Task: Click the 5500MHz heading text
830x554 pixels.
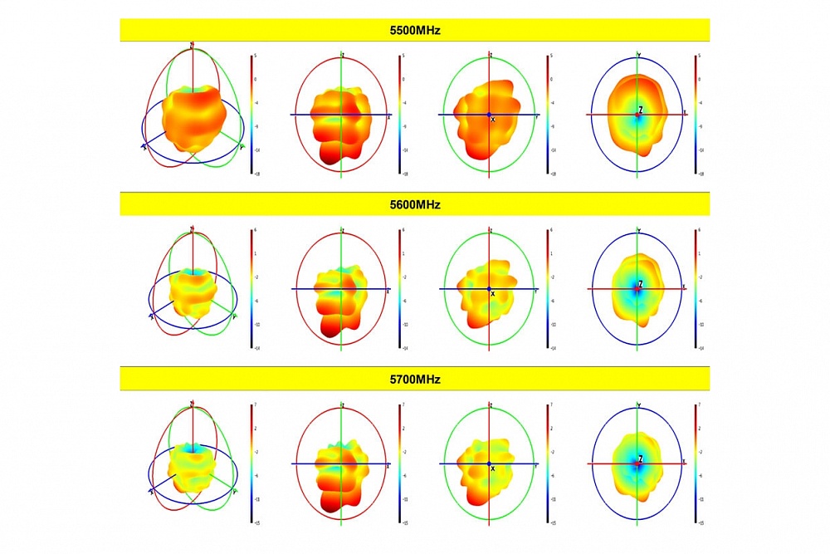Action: tap(415, 31)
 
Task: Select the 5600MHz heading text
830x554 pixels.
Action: tap(415, 204)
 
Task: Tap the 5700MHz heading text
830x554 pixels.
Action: tap(415, 379)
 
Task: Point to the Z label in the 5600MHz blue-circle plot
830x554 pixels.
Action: tap(641, 284)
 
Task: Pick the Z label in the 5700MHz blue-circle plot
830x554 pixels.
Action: tap(641, 458)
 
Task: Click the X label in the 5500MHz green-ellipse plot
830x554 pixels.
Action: tap(493, 120)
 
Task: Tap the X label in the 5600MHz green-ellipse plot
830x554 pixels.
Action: tap(493, 293)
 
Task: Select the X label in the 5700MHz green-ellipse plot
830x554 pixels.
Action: tap(493, 468)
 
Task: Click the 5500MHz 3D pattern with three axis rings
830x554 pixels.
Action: tap(193, 116)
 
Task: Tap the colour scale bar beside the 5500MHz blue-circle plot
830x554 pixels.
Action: tap(696, 115)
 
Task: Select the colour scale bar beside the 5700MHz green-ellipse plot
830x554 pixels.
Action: tap(548, 463)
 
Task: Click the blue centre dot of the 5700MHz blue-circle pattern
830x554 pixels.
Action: tap(637, 463)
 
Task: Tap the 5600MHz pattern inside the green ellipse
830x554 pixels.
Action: tap(490, 287)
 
